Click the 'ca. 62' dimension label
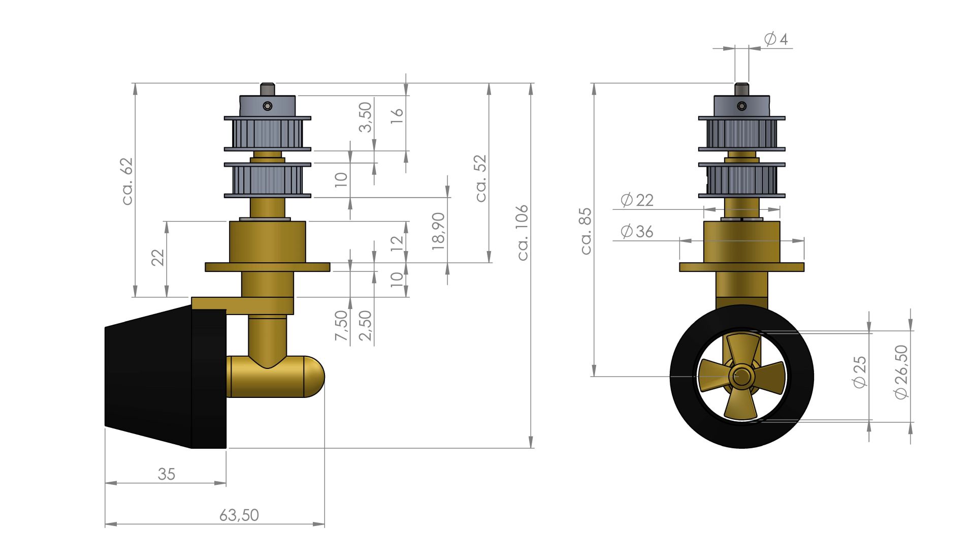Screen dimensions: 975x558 click(x=127, y=181)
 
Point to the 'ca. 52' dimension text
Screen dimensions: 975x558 click(x=480, y=178)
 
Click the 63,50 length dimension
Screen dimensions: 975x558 click(x=239, y=515)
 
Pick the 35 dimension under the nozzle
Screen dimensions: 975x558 click(x=166, y=474)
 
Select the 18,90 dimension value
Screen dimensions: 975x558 click(x=438, y=231)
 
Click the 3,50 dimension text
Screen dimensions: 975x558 click(x=365, y=117)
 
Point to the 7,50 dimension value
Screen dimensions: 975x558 click(x=341, y=325)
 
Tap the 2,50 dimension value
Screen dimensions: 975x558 click(x=365, y=326)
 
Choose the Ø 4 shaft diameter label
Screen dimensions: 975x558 click(x=775, y=39)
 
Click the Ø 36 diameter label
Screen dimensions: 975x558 click(x=637, y=232)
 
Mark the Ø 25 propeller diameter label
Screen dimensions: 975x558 click(x=860, y=373)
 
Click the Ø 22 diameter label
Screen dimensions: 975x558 click(x=637, y=200)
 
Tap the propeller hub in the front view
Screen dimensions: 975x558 click(x=741, y=377)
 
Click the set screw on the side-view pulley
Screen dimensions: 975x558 click(x=268, y=106)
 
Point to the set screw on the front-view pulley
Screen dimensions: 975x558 click(x=742, y=106)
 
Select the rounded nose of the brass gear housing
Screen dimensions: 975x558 click(x=314, y=377)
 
